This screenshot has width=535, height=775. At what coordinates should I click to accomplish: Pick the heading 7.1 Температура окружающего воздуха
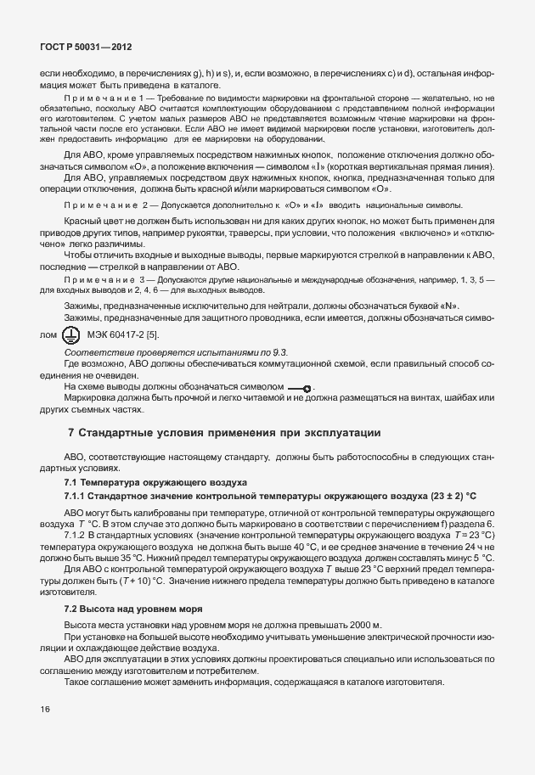155,480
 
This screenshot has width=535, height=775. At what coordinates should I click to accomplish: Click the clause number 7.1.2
77,536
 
